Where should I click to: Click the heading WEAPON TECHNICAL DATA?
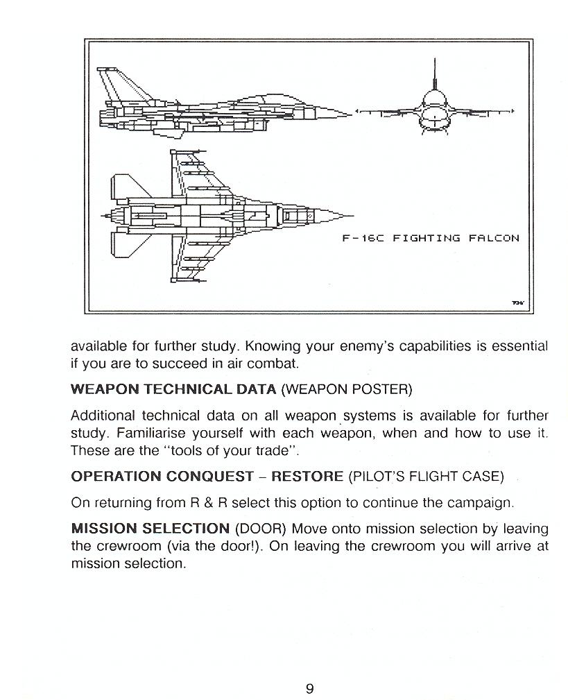[x=173, y=389]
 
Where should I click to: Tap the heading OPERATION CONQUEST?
[x=162, y=477]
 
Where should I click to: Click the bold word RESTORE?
[x=307, y=477]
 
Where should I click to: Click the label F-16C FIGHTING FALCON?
[x=431, y=238]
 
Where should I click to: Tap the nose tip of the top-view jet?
[x=351, y=215]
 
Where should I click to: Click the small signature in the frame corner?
[x=519, y=302]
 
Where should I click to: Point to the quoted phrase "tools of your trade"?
[x=236, y=450]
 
